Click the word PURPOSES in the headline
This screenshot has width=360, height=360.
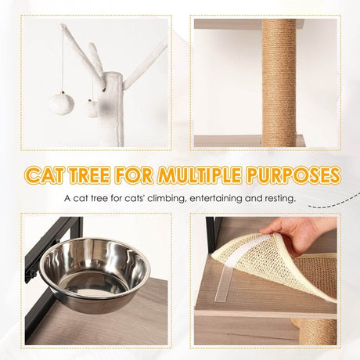pos(301,174)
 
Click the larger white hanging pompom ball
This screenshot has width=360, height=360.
pos(61,103)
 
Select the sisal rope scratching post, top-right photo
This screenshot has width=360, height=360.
pos(278,82)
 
